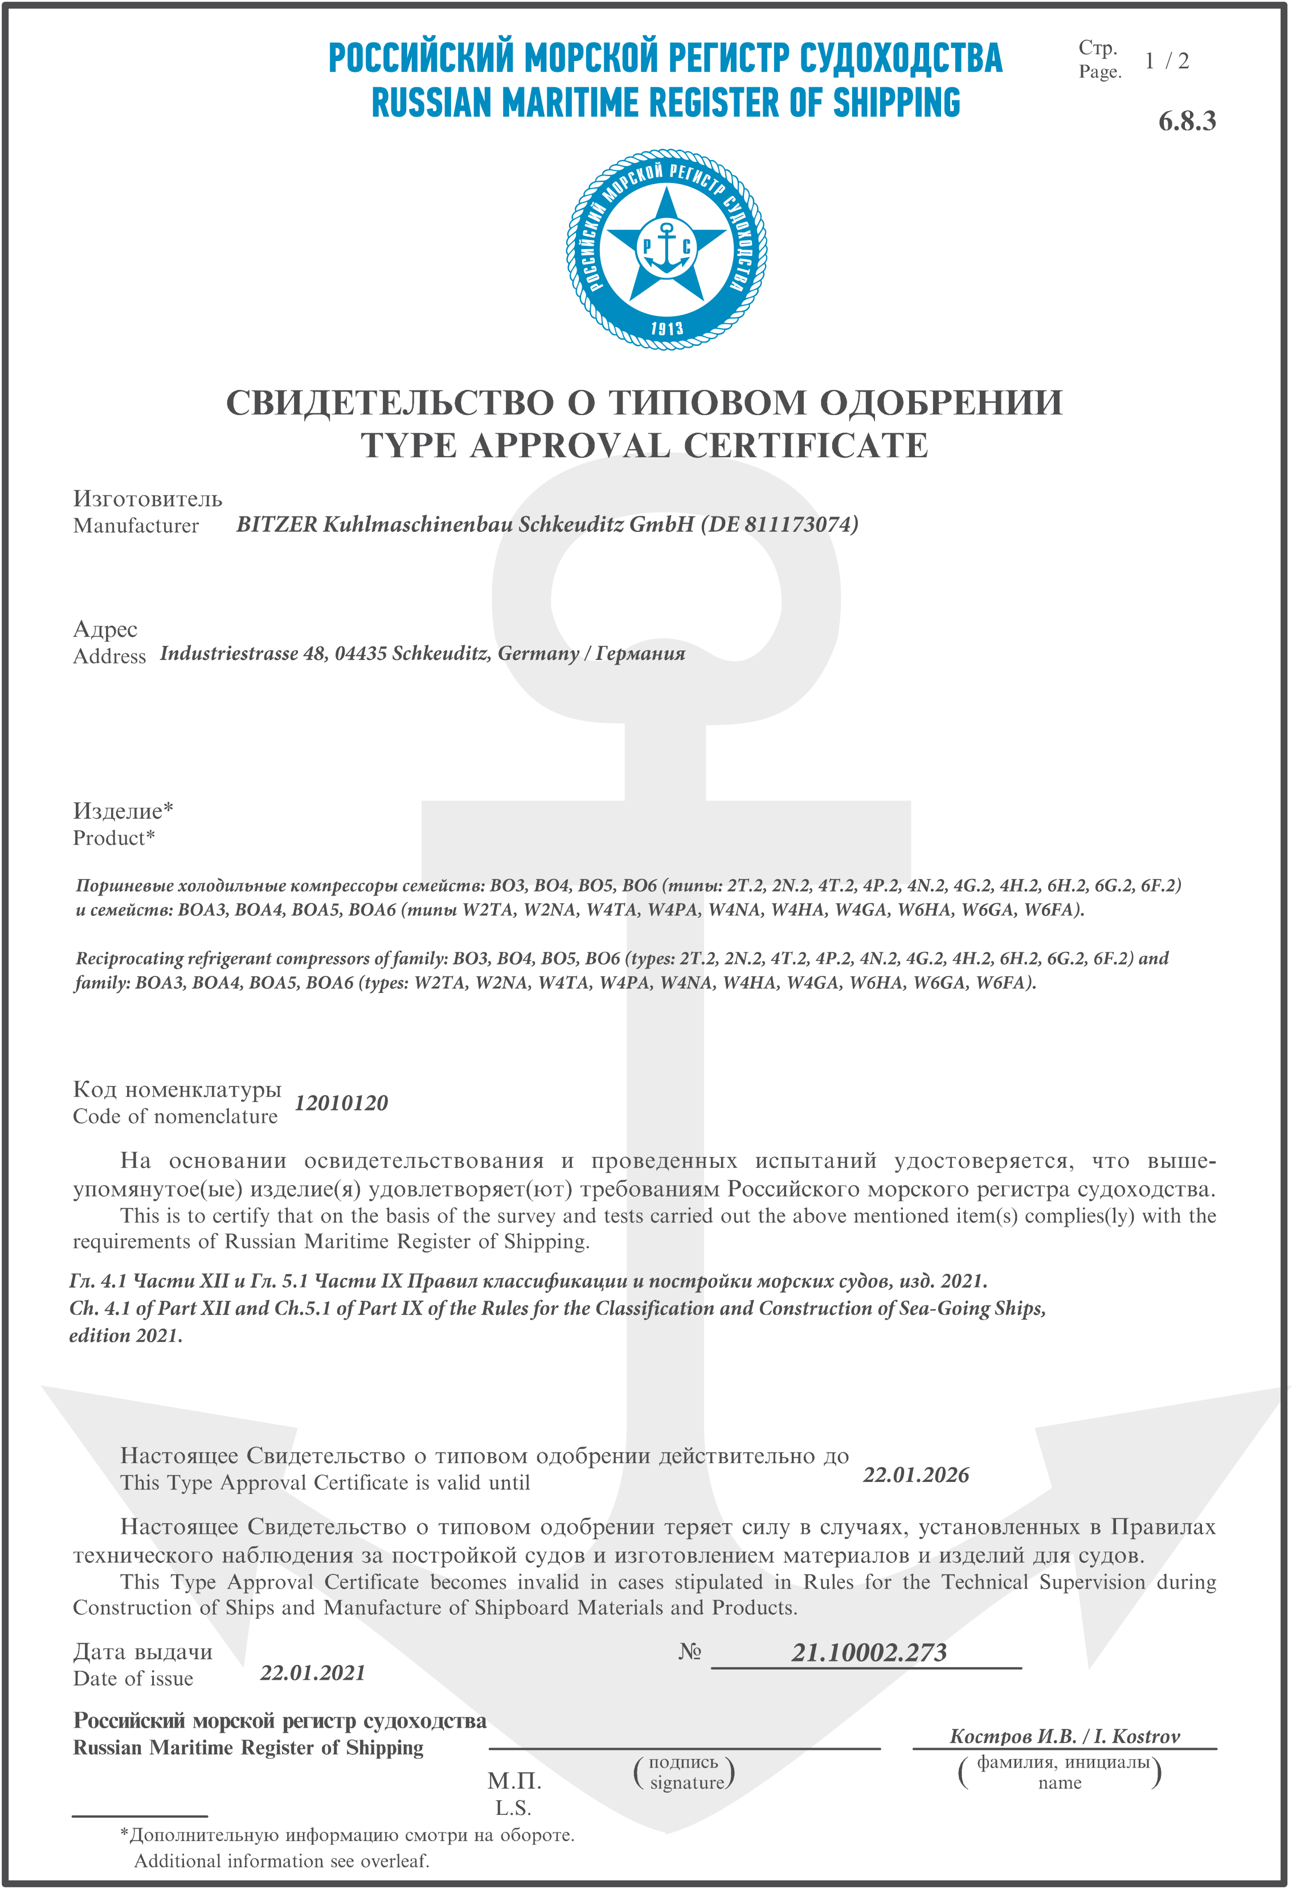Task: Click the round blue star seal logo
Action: pyautogui.click(x=667, y=250)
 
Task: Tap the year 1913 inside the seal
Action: pyautogui.click(x=667, y=328)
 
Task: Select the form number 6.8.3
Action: pyautogui.click(x=1187, y=121)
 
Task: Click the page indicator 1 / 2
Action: pyautogui.click(x=1166, y=61)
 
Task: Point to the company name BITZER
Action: pyautogui.click(x=277, y=524)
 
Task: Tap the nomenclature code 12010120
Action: pyautogui.click(x=341, y=1103)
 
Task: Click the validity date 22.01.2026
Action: pyautogui.click(x=916, y=1475)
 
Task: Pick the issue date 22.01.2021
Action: pyautogui.click(x=313, y=1673)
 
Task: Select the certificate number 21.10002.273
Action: pyautogui.click(x=869, y=1652)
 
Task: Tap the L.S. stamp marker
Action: pyautogui.click(x=513, y=1809)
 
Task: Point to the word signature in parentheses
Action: pyautogui.click(x=686, y=1782)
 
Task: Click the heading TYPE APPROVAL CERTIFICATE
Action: pyautogui.click(x=644, y=445)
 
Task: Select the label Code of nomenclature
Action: pyautogui.click(x=175, y=1117)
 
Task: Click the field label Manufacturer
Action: pyautogui.click(x=136, y=526)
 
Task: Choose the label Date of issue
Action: pyautogui.click(x=133, y=1679)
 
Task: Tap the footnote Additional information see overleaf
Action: pyautogui.click(x=281, y=1860)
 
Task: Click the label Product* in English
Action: pyautogui.click(x=114, y=838)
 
